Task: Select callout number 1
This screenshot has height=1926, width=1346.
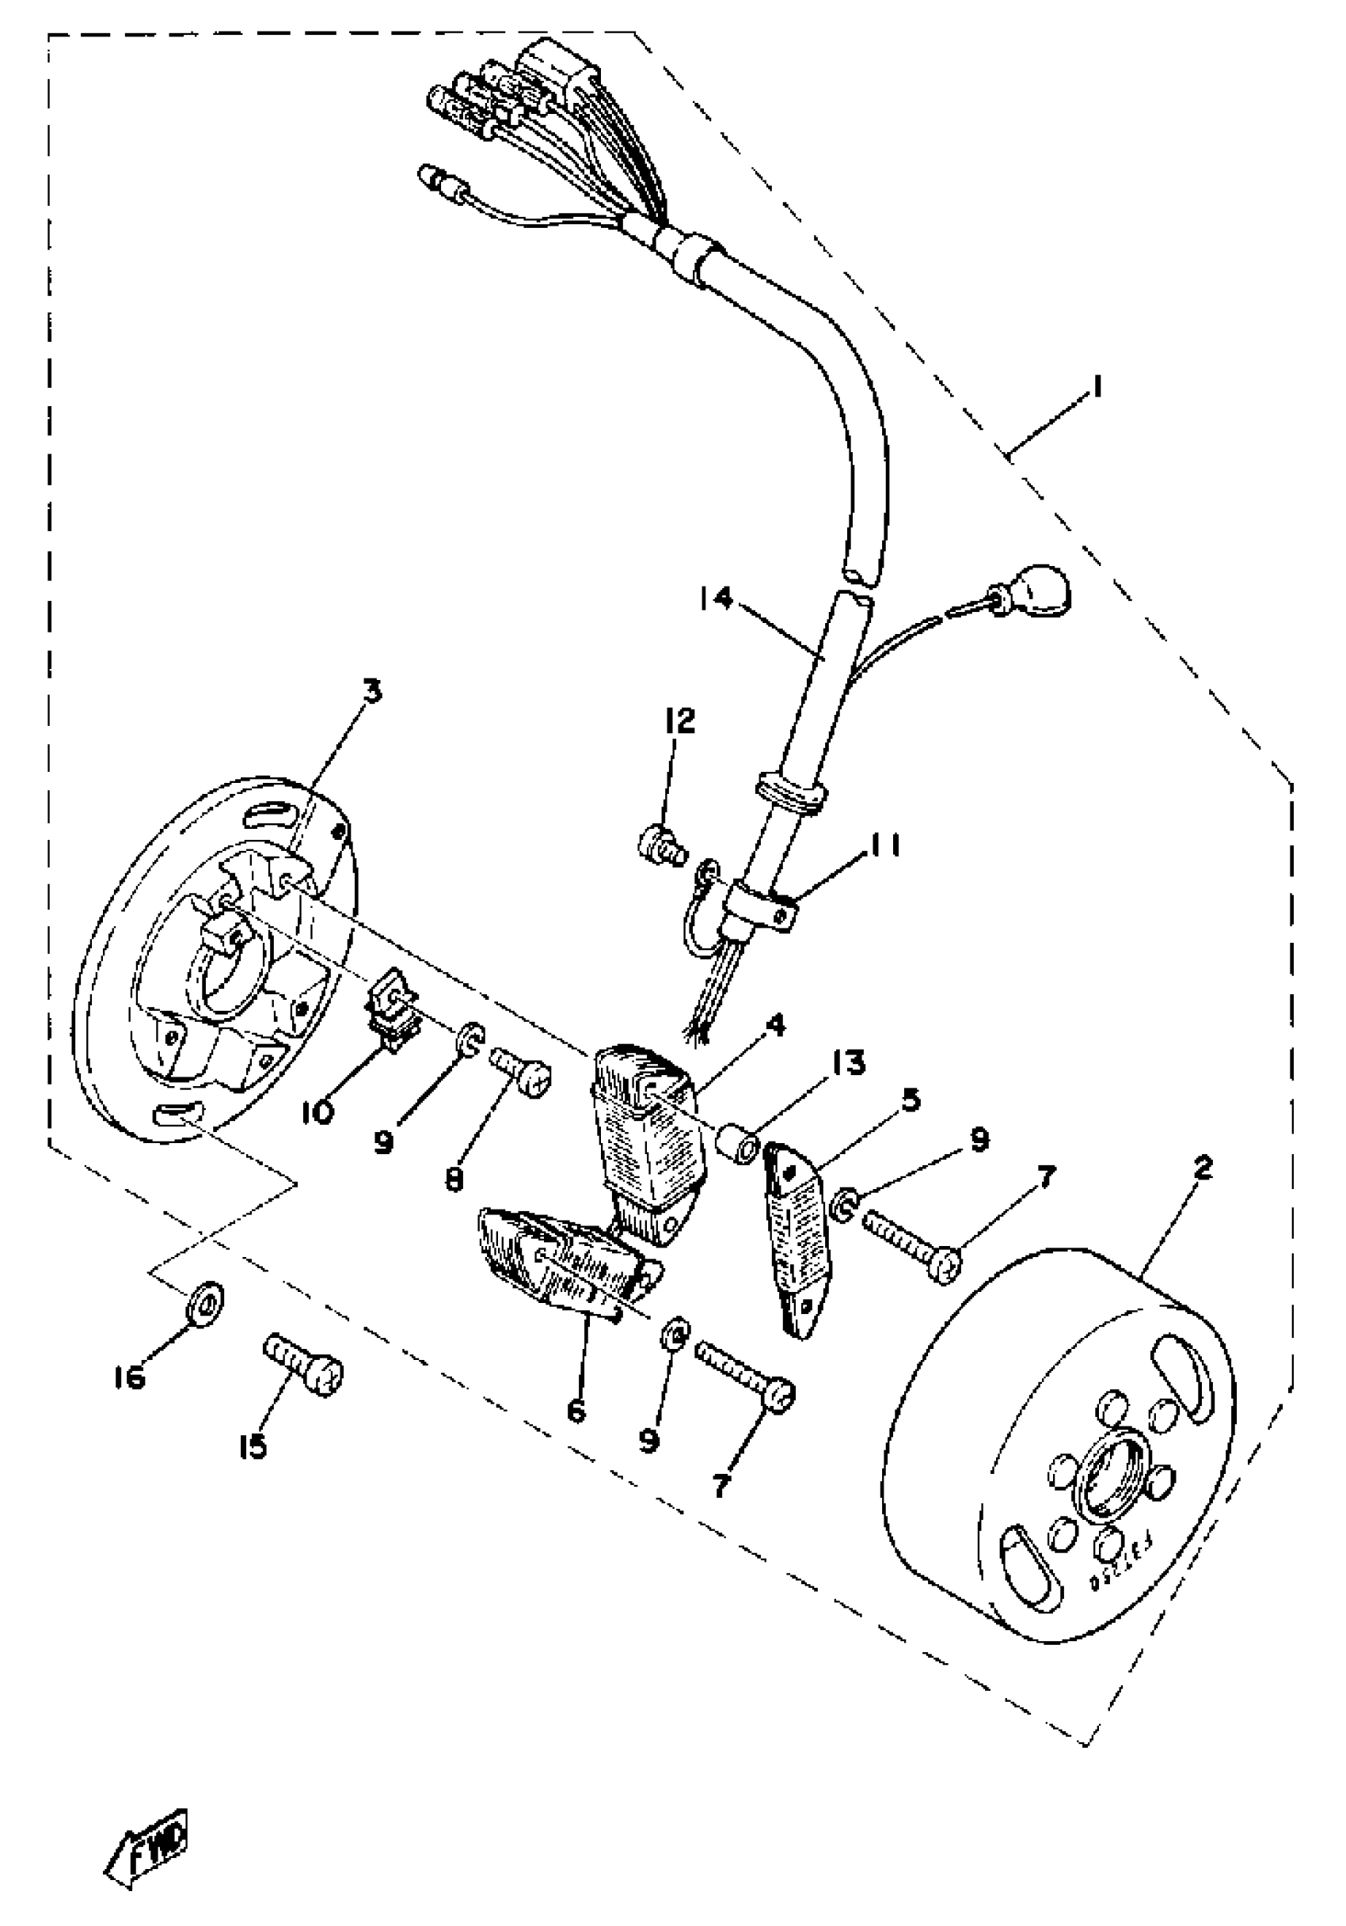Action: (1095, 388)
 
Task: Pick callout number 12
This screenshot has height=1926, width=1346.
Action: (679, 720)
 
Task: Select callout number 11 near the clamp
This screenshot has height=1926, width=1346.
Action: (881, 846)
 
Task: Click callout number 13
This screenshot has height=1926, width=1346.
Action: (849, 1064)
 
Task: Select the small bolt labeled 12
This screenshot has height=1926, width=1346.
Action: (662, 841)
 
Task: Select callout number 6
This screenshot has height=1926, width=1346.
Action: (576, 1411)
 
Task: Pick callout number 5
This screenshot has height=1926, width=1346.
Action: (911, 1100)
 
